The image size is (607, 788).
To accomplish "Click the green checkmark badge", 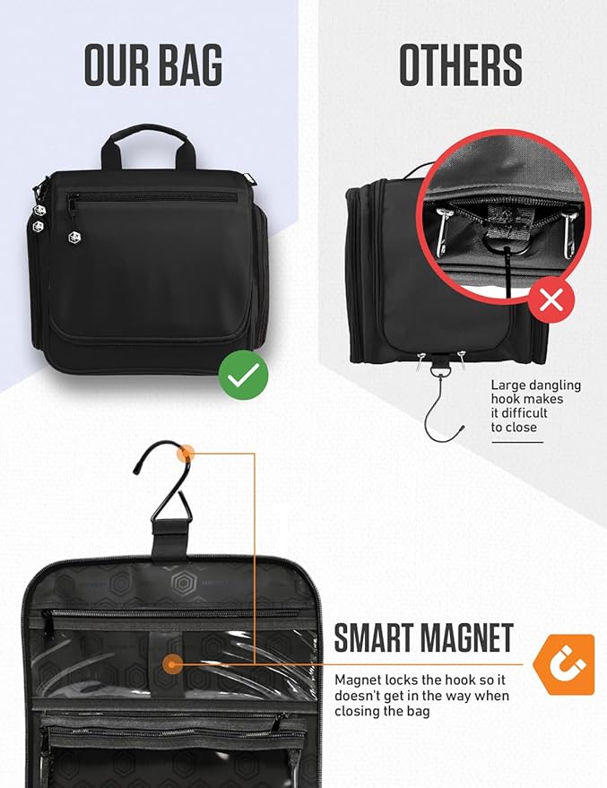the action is tap(243, 375).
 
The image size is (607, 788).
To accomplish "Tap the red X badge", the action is tap(551, 300).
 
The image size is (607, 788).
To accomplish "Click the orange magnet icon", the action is tap(564, 664).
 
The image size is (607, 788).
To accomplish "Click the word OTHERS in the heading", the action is tap(461, 65).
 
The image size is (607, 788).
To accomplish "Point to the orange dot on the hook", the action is tap(186, 453).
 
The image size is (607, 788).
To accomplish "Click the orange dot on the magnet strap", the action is tap(173, 664).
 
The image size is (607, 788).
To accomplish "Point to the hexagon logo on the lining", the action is tap(182, 583).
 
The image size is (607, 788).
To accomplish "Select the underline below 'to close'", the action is tap(517, 442).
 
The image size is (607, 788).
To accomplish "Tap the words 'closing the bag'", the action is tap(382, 712).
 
